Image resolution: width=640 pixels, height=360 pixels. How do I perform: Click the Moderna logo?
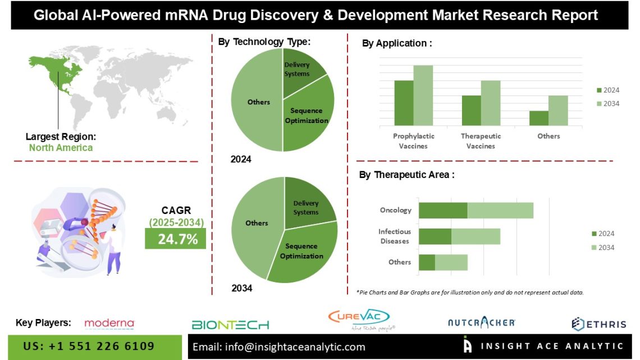(x=109, y=323)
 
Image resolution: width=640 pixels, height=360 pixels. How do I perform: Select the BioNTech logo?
(x=230, y=325)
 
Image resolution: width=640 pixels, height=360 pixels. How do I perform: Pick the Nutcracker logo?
(x=481, y=322)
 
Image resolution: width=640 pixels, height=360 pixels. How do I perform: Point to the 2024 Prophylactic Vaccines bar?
(x=404, y=103)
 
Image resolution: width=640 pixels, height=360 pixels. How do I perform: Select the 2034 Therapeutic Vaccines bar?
(x=490, y=103)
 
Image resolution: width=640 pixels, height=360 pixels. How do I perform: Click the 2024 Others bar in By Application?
(x=538, y=118)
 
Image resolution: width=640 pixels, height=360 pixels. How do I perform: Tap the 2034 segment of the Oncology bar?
(x=500, y=210)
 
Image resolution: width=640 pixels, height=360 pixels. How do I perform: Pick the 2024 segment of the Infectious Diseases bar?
(x=435, y=236)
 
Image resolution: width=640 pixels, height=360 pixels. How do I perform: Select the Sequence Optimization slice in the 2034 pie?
(x=303, y=252)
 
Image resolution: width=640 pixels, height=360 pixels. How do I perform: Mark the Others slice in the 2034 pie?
(x=255, y=225)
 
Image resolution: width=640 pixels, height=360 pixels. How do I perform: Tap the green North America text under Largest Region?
(x=61, y=148)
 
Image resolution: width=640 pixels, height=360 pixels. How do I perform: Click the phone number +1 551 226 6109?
(x=89, y=347)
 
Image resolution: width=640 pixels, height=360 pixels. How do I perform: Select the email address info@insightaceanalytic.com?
(x=278, y=347)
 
